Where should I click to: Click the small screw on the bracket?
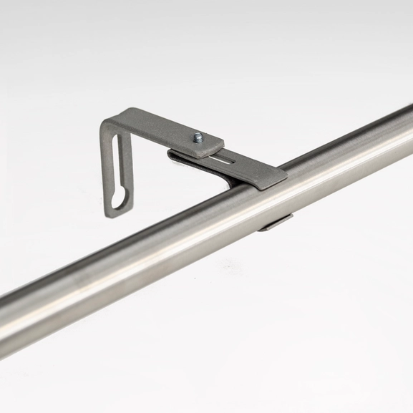(x=198, y=137)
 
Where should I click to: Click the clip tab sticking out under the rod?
(x=276, y=223)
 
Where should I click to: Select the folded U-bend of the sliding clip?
(x=175, y=154)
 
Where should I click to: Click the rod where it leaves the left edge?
(x=6, y=315)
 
